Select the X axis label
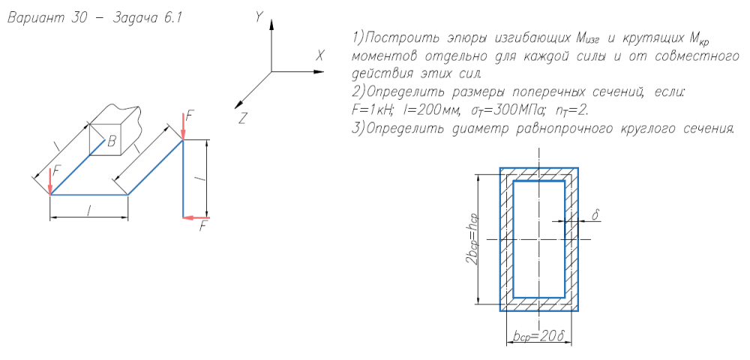tap(320, 55)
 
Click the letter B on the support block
tap(111, 139)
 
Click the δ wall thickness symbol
tap(596, 214)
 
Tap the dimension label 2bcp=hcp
tap(472, 240)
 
